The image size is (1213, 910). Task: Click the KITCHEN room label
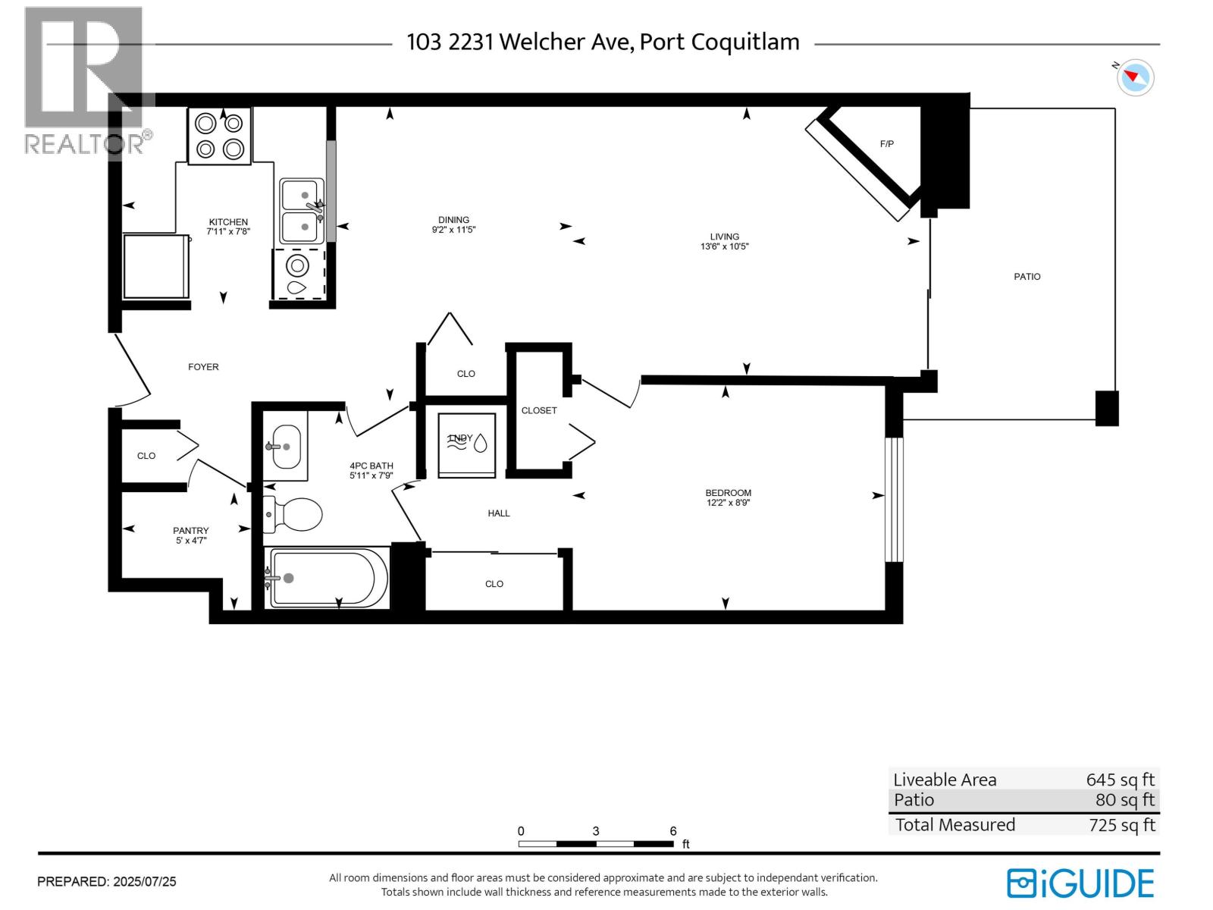coord(228,222)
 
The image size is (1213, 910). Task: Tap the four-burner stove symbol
coord(219,136)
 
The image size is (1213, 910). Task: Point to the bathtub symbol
coord(328,578)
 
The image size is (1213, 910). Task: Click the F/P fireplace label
coord(886,143)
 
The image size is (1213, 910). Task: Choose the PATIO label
coord(1027,277)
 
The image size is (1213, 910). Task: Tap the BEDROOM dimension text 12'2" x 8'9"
coord(728,503)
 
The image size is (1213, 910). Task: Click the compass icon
coord(1136,77)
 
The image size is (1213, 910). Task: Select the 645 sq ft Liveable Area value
coord(1120,780)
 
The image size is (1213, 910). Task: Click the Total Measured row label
coord(954,825)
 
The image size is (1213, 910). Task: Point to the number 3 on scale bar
coord(596,831)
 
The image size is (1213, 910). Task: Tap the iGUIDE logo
coord(1080,883)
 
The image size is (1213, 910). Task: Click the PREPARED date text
coord(107,882)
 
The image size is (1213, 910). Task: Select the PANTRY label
coord(190,531)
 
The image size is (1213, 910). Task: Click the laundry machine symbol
coord(467,444)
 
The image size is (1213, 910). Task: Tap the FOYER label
coord(203,367)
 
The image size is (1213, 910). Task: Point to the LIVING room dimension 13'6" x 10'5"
coord(724,246)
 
